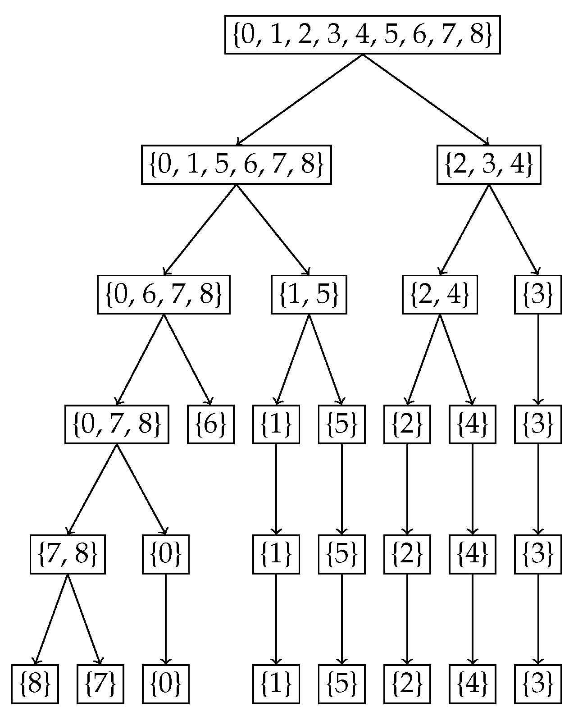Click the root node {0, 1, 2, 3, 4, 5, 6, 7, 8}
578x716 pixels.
click(x=362, y=35)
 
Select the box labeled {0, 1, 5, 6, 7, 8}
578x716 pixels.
click(x=237, y=164)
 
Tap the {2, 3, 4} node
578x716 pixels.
click(x=489, y=164)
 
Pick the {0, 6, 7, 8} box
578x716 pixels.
click(x=164, y=294)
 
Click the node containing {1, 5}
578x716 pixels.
click(x=309, y=294)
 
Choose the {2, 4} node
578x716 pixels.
click(x=440, y=294)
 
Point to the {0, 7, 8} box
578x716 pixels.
click(x=117, y=424)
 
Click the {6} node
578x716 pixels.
click(x=211, y=424)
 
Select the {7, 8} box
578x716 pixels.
click(x=68, y=554)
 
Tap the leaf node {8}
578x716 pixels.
click(x=35, y=684)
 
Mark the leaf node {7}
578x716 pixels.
click(x=100, y=684)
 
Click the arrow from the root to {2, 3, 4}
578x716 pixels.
click(x=426, y=100)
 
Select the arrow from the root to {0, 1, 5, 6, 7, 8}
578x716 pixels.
click(x=300, y=100)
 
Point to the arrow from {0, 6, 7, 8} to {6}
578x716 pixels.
click(x=187, y=359)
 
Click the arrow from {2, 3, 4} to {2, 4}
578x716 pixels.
click(x=464, y=229)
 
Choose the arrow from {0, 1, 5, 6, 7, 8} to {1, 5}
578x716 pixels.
click(x=273, y=229)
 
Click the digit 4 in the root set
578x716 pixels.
click(x=362, y=35)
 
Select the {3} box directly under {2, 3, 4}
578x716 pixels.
click(x=538, y=294)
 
